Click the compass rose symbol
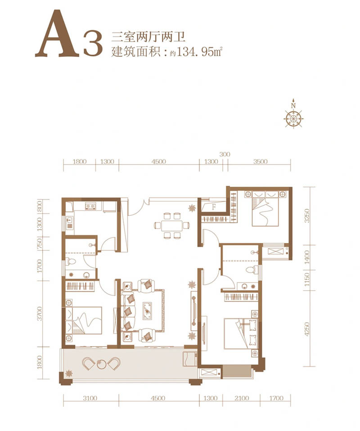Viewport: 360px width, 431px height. (293, 118)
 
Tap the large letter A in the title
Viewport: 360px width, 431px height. (58, 34)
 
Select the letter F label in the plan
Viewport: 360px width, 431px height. (214, 207)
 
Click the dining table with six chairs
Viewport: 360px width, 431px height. (172, 225)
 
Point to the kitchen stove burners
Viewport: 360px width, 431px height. (90, 206)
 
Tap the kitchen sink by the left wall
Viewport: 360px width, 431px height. (69, 222)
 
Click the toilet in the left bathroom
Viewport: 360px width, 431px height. (70, 261)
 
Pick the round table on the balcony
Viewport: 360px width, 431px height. (101, 364)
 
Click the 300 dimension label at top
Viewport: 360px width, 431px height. (225, 154)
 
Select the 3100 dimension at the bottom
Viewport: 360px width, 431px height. (90, 398)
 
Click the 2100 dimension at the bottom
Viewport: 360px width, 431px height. (242, 398)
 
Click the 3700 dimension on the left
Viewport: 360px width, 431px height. (40, 314)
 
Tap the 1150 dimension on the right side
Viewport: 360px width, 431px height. (307, 279)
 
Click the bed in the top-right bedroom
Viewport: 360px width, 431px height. (265, 209)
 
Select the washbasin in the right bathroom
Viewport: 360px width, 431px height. (244, 286)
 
